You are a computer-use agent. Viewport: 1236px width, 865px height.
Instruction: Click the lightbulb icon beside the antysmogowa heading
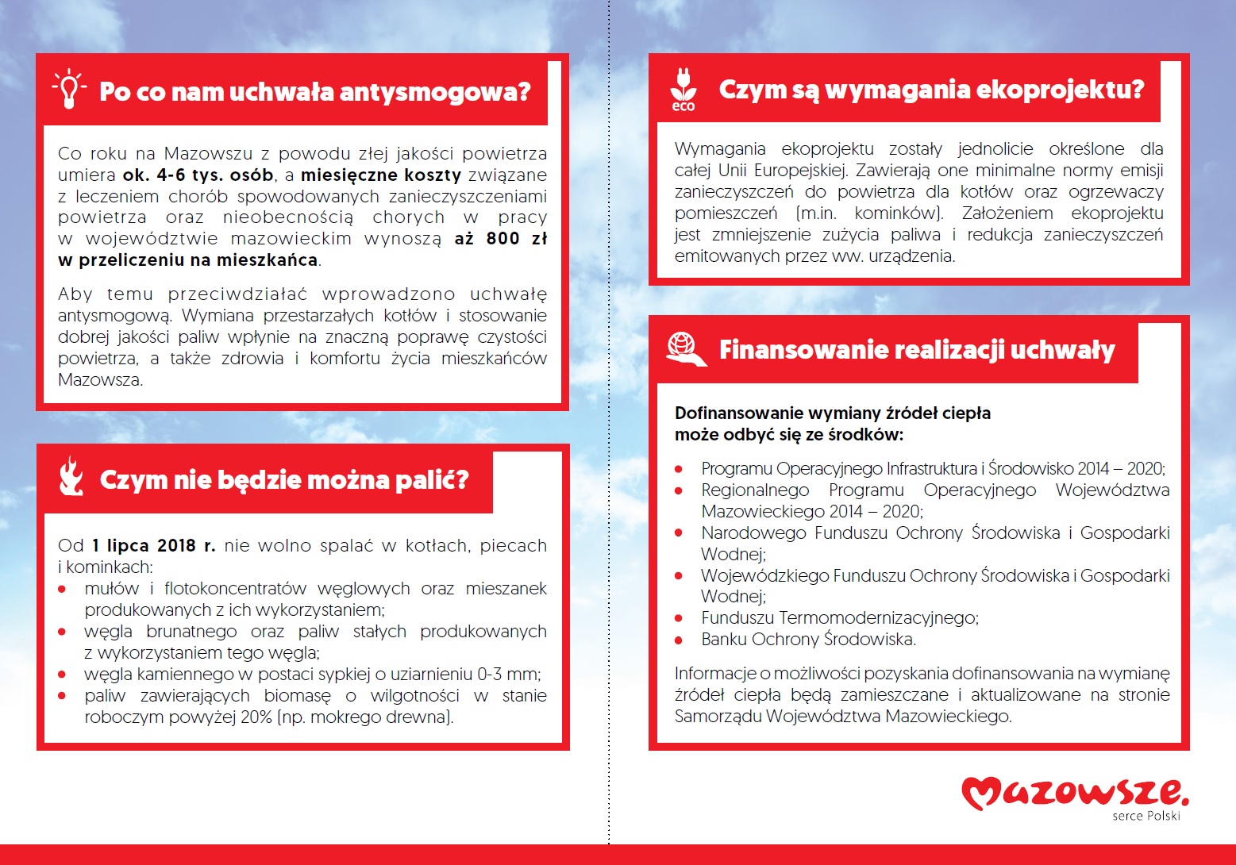(x=69, y=89)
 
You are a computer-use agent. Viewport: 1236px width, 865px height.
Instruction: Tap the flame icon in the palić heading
(x=71, y=476)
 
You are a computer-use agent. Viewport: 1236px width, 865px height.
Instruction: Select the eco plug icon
(x=683, y=90)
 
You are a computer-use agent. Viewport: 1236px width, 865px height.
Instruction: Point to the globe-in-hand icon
(x=685, y=349)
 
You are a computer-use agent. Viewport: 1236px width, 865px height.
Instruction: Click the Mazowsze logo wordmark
(x=1075, y=792)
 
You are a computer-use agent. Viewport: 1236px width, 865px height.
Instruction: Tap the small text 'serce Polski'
(x=1146, y=816)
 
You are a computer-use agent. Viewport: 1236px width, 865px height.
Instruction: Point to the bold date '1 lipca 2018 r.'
(x=153, y=546)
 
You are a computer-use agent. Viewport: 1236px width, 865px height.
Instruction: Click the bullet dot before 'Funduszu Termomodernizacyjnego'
(x=679, y=618)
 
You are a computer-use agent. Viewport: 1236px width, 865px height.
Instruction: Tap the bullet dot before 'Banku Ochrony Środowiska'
(x=679, y=640)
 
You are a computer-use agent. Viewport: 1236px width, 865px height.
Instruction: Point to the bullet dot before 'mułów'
(x=62, y=589)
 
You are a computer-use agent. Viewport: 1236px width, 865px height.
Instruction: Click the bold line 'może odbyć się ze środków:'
(x=788, y=435)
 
